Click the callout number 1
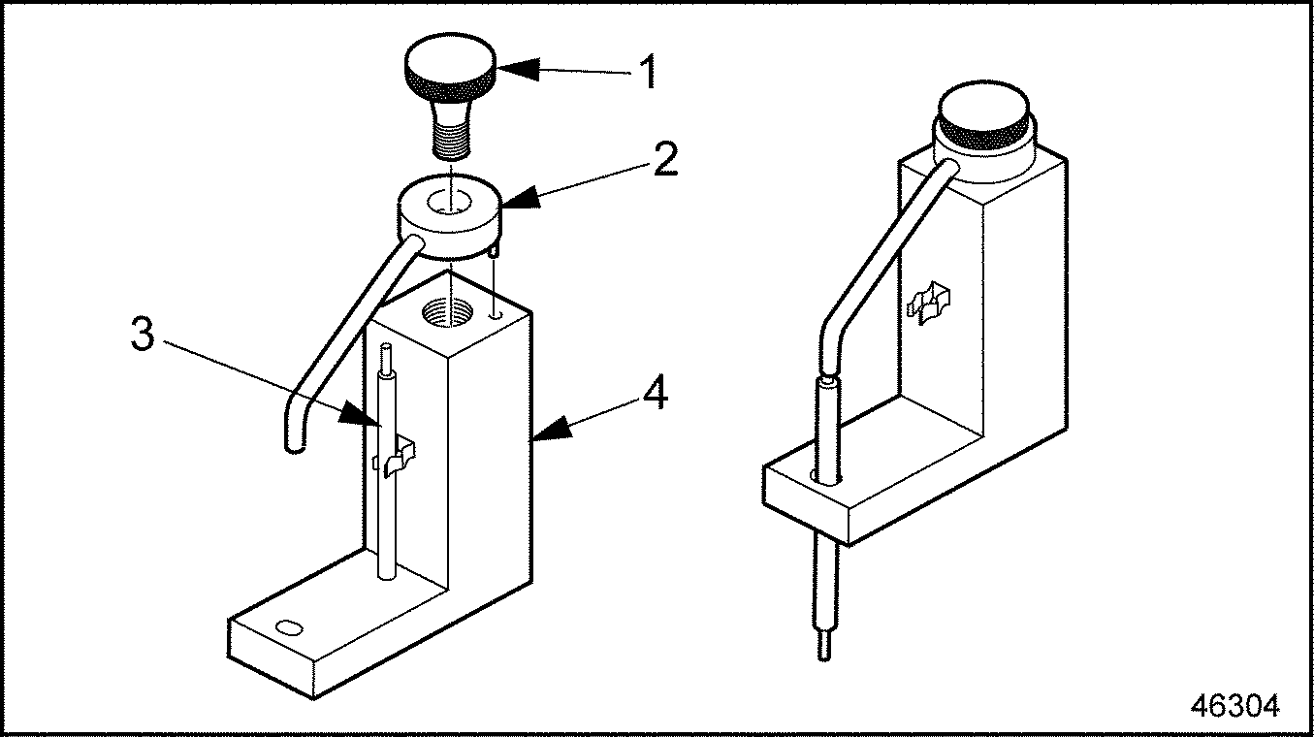click(647, 72)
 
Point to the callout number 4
click(657, 394)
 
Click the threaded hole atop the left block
click(450, 313)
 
